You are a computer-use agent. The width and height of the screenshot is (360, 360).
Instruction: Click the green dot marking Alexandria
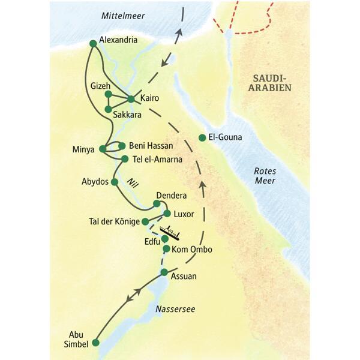coord(92,43)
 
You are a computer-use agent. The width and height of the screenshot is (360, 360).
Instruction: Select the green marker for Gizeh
coord(108,94)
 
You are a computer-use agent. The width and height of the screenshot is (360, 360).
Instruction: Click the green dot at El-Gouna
coord(202,137)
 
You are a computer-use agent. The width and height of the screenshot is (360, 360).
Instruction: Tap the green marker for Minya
coord(103,149)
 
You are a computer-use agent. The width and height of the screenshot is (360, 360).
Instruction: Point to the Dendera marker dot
coord(157,204)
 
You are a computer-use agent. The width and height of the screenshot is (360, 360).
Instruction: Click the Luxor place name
coord(184,213)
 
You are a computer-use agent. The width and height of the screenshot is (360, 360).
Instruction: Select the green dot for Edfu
coord(164,239)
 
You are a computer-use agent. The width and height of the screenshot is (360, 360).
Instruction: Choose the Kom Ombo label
coord(192,249)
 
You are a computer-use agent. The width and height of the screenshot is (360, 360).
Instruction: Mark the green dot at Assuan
coord(163,273)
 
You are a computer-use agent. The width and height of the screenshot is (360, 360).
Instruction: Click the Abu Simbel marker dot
coord(95,343)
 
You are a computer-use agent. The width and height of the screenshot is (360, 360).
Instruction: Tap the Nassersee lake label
coord(175,309)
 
